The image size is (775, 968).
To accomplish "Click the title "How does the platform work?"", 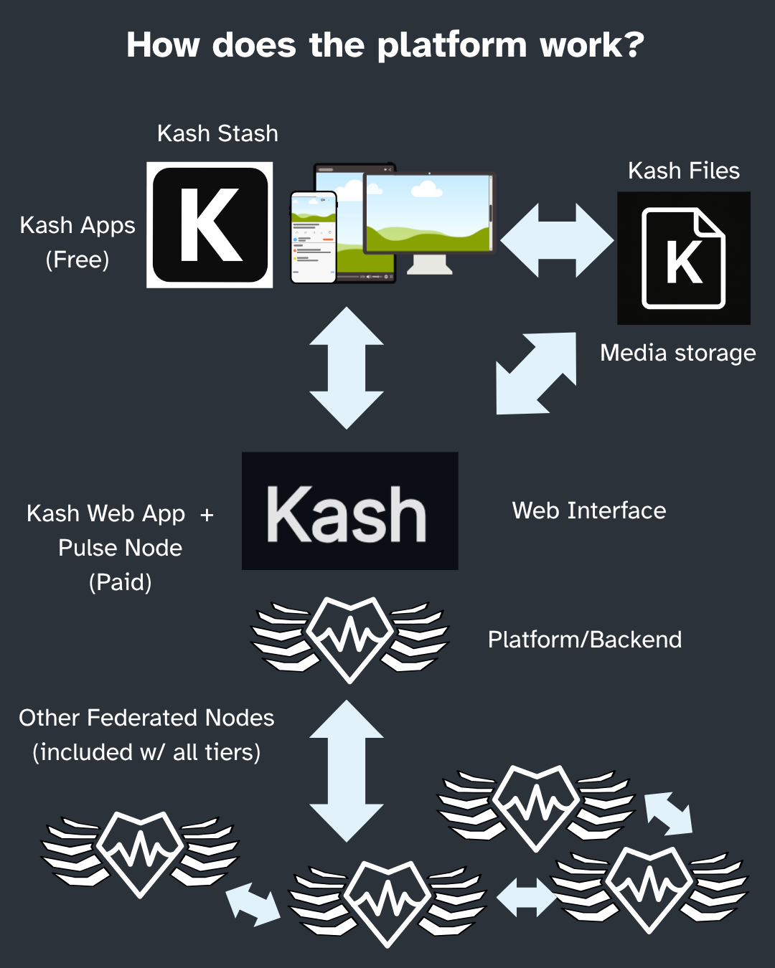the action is click(x=385, y=45).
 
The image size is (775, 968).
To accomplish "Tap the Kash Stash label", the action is click(x=217, y=133).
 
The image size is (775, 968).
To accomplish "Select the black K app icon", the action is click(x=210, y=225).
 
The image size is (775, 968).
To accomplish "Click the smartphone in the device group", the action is click(x=314, y=237).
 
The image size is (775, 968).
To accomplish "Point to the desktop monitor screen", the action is click(x=428, y=213).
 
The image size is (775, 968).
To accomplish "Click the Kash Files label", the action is click(x=684, y=171).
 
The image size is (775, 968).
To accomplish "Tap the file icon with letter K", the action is click(x=684, y=258).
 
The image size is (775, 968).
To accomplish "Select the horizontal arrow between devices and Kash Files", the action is click(x=557, y=240).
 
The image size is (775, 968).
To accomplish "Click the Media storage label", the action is click(x=677, y=353).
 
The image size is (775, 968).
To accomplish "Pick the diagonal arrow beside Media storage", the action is click(x=536, y=374).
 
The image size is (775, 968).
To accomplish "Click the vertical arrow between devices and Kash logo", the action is click(x=347, y=368).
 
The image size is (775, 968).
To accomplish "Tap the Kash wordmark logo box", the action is click(x=350, y=511).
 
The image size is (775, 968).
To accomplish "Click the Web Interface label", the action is click(x=589, y=511).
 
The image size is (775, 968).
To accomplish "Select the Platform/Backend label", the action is click(x=585, y=640).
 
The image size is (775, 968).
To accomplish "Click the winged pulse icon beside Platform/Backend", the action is click(x=349, y=640).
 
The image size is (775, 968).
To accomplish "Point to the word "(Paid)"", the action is click(x=121, y=582).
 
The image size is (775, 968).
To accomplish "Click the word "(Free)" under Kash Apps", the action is click(x=77, y=260).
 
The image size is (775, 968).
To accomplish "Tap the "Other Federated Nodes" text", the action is click(x=146, y=718).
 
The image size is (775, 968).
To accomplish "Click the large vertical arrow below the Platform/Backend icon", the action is click(x=347, y=771).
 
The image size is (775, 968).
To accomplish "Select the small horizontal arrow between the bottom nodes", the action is click(x=526, y=898).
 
